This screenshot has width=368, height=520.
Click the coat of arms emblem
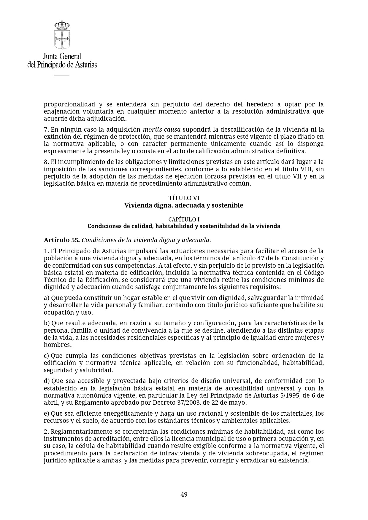pos(62,35)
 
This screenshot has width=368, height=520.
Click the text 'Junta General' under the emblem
pos(62,56)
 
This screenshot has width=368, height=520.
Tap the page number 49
pos(184,494)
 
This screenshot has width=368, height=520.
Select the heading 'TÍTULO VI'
pos(184,198)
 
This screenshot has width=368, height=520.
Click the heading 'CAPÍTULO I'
pos(184,219)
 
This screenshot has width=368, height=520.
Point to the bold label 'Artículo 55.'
pos(62,240)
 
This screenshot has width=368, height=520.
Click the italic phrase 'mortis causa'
pos(162,130)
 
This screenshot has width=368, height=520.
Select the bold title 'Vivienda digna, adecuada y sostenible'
pos(184,205)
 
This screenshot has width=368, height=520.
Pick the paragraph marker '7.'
pos(46,130)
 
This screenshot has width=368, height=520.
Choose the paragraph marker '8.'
pos(46,162)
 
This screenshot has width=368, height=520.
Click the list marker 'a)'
pos(47,298)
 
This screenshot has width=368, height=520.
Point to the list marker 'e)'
pos(47,413)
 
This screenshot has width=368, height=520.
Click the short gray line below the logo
pos(61,76)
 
